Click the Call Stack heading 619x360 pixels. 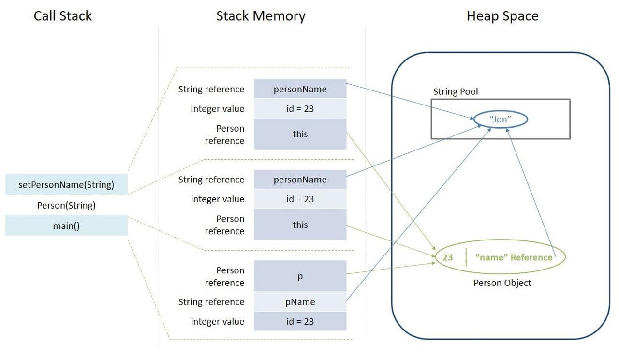[62, 16]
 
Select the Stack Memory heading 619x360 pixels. [261, 16]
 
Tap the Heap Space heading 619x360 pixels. [502, 16]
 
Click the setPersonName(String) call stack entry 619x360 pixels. [66, 184]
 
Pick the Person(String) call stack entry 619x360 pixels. [66, 205]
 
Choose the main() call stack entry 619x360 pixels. [66, 225]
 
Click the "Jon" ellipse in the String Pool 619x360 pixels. [500, 119]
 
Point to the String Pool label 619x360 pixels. [455, 91]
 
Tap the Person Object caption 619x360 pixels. [502, 283]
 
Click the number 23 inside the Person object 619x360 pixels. [448, 257]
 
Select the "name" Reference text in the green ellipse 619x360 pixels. [514, 257]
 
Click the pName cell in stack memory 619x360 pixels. [300, 302]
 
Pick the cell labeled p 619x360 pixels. [300, 276]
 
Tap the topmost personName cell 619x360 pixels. [300, 89]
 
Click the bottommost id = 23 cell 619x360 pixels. [300, 321]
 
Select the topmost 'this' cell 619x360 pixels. [300, 134]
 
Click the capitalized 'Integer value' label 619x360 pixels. [217, 109]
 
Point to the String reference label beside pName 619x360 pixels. [211, 302]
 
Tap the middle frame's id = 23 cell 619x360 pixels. [300, 199]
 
